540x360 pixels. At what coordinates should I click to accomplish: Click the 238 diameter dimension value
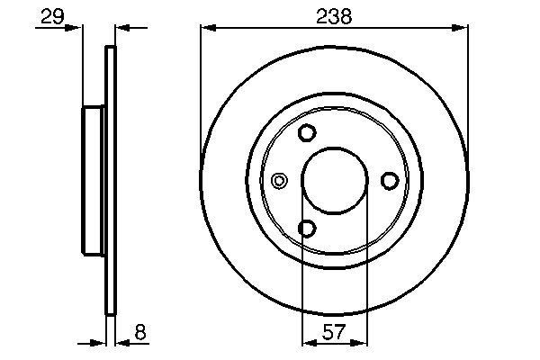(334, 15)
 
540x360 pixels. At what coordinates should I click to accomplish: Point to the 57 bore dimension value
(334, 332)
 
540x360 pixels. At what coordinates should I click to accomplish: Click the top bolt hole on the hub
(307, 133)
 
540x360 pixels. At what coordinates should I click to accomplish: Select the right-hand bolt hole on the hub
(390, 181)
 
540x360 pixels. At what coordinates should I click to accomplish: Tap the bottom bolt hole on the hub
(307, 229)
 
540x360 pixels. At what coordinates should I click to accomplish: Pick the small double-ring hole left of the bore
(280, 181)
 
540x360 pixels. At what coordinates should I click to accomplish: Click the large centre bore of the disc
(334, 181)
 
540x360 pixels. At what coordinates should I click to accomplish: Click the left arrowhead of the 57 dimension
(307, 342)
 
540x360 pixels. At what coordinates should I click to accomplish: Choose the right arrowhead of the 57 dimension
(360, 342)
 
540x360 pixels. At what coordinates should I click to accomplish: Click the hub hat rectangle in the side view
(94, 181)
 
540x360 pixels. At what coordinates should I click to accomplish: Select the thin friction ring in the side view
(112, 181)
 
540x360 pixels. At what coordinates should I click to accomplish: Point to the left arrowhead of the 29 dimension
(76, 29)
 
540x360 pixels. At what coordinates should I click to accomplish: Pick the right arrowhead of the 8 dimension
(122, 342)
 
